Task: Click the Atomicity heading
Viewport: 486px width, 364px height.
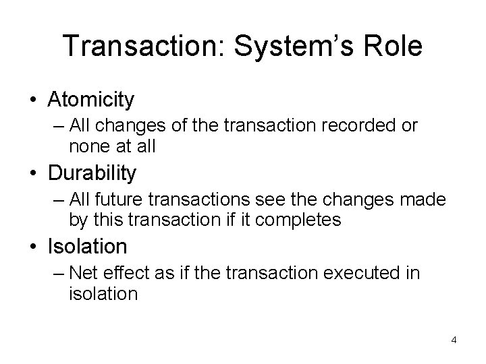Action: click(x=91, y=100)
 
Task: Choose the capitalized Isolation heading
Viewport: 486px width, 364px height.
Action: click(x=87, y=246)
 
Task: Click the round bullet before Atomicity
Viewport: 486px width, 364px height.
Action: click(x=33, y=100)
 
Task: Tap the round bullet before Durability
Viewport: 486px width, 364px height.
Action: click(x=33, y=173)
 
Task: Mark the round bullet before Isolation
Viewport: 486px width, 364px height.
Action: click(x=33, y=247)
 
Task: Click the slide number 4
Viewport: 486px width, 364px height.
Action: click(x=454, y=340)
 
